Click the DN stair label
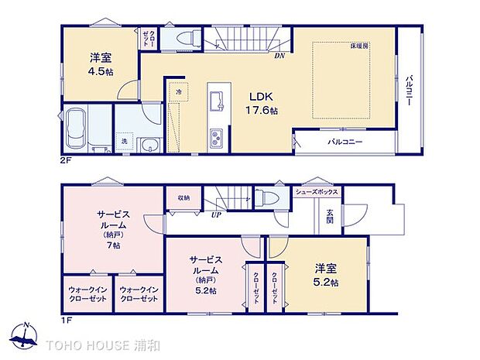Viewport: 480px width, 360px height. tap(279, 55)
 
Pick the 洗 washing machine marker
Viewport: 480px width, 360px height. tap(123, 141)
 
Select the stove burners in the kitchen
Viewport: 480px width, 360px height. tap(214, 139)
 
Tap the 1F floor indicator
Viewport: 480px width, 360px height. tap(67, 319)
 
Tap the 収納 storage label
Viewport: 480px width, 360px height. tap(183, 197)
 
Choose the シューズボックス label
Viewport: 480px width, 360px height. tap(315, 191)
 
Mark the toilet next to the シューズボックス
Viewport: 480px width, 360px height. tap(272, 196)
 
